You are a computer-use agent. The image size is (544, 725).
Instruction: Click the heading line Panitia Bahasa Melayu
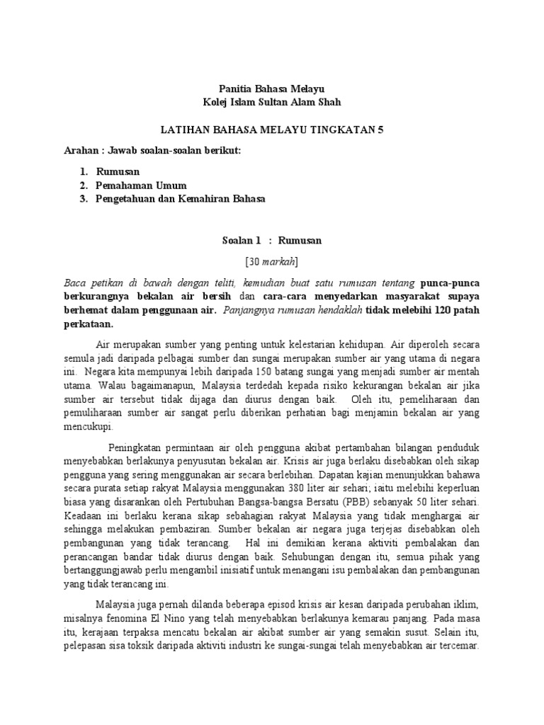tap(271, 89)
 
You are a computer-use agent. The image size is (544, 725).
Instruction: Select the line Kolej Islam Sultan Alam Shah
tap(271, 102)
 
